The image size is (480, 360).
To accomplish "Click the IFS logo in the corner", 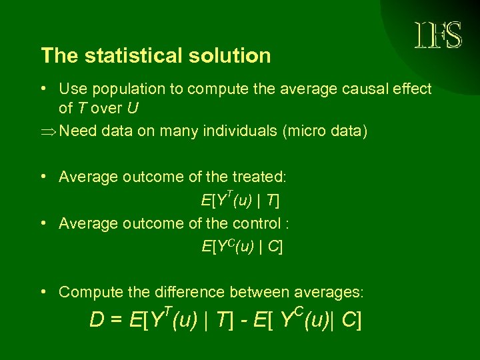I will coord(437,35).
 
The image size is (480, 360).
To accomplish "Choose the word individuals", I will coord(235,131).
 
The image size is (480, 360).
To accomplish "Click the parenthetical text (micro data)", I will coord(325,131).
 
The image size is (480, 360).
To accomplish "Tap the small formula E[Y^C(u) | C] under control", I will coord(242,247).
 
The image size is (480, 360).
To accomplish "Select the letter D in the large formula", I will coord(97,321).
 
